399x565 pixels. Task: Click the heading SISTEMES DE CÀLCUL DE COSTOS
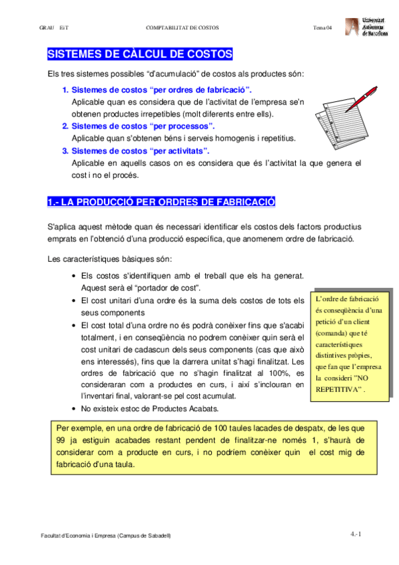(x=139, y=54)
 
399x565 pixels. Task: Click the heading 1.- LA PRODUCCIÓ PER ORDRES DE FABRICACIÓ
(x=161, y=201)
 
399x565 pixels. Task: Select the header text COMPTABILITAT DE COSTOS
(x=181, y=27)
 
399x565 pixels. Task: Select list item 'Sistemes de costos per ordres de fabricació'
(x=161, y=90)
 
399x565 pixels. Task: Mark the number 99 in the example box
(x=62, y=440)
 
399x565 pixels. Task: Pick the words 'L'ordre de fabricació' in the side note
(x=347, y=299)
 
